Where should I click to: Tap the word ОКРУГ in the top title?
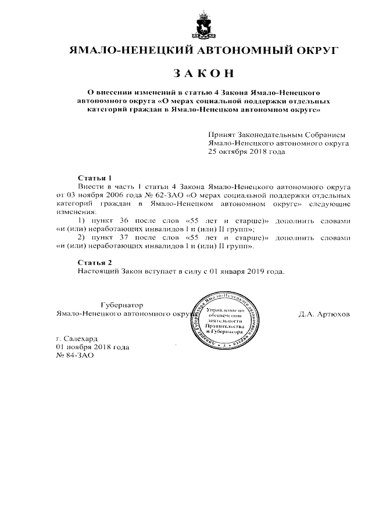coord(316,50)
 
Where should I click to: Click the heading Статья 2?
coord(94,262)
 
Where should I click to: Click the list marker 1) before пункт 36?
coord(81,221)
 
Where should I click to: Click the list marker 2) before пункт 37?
coord(81,238)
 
